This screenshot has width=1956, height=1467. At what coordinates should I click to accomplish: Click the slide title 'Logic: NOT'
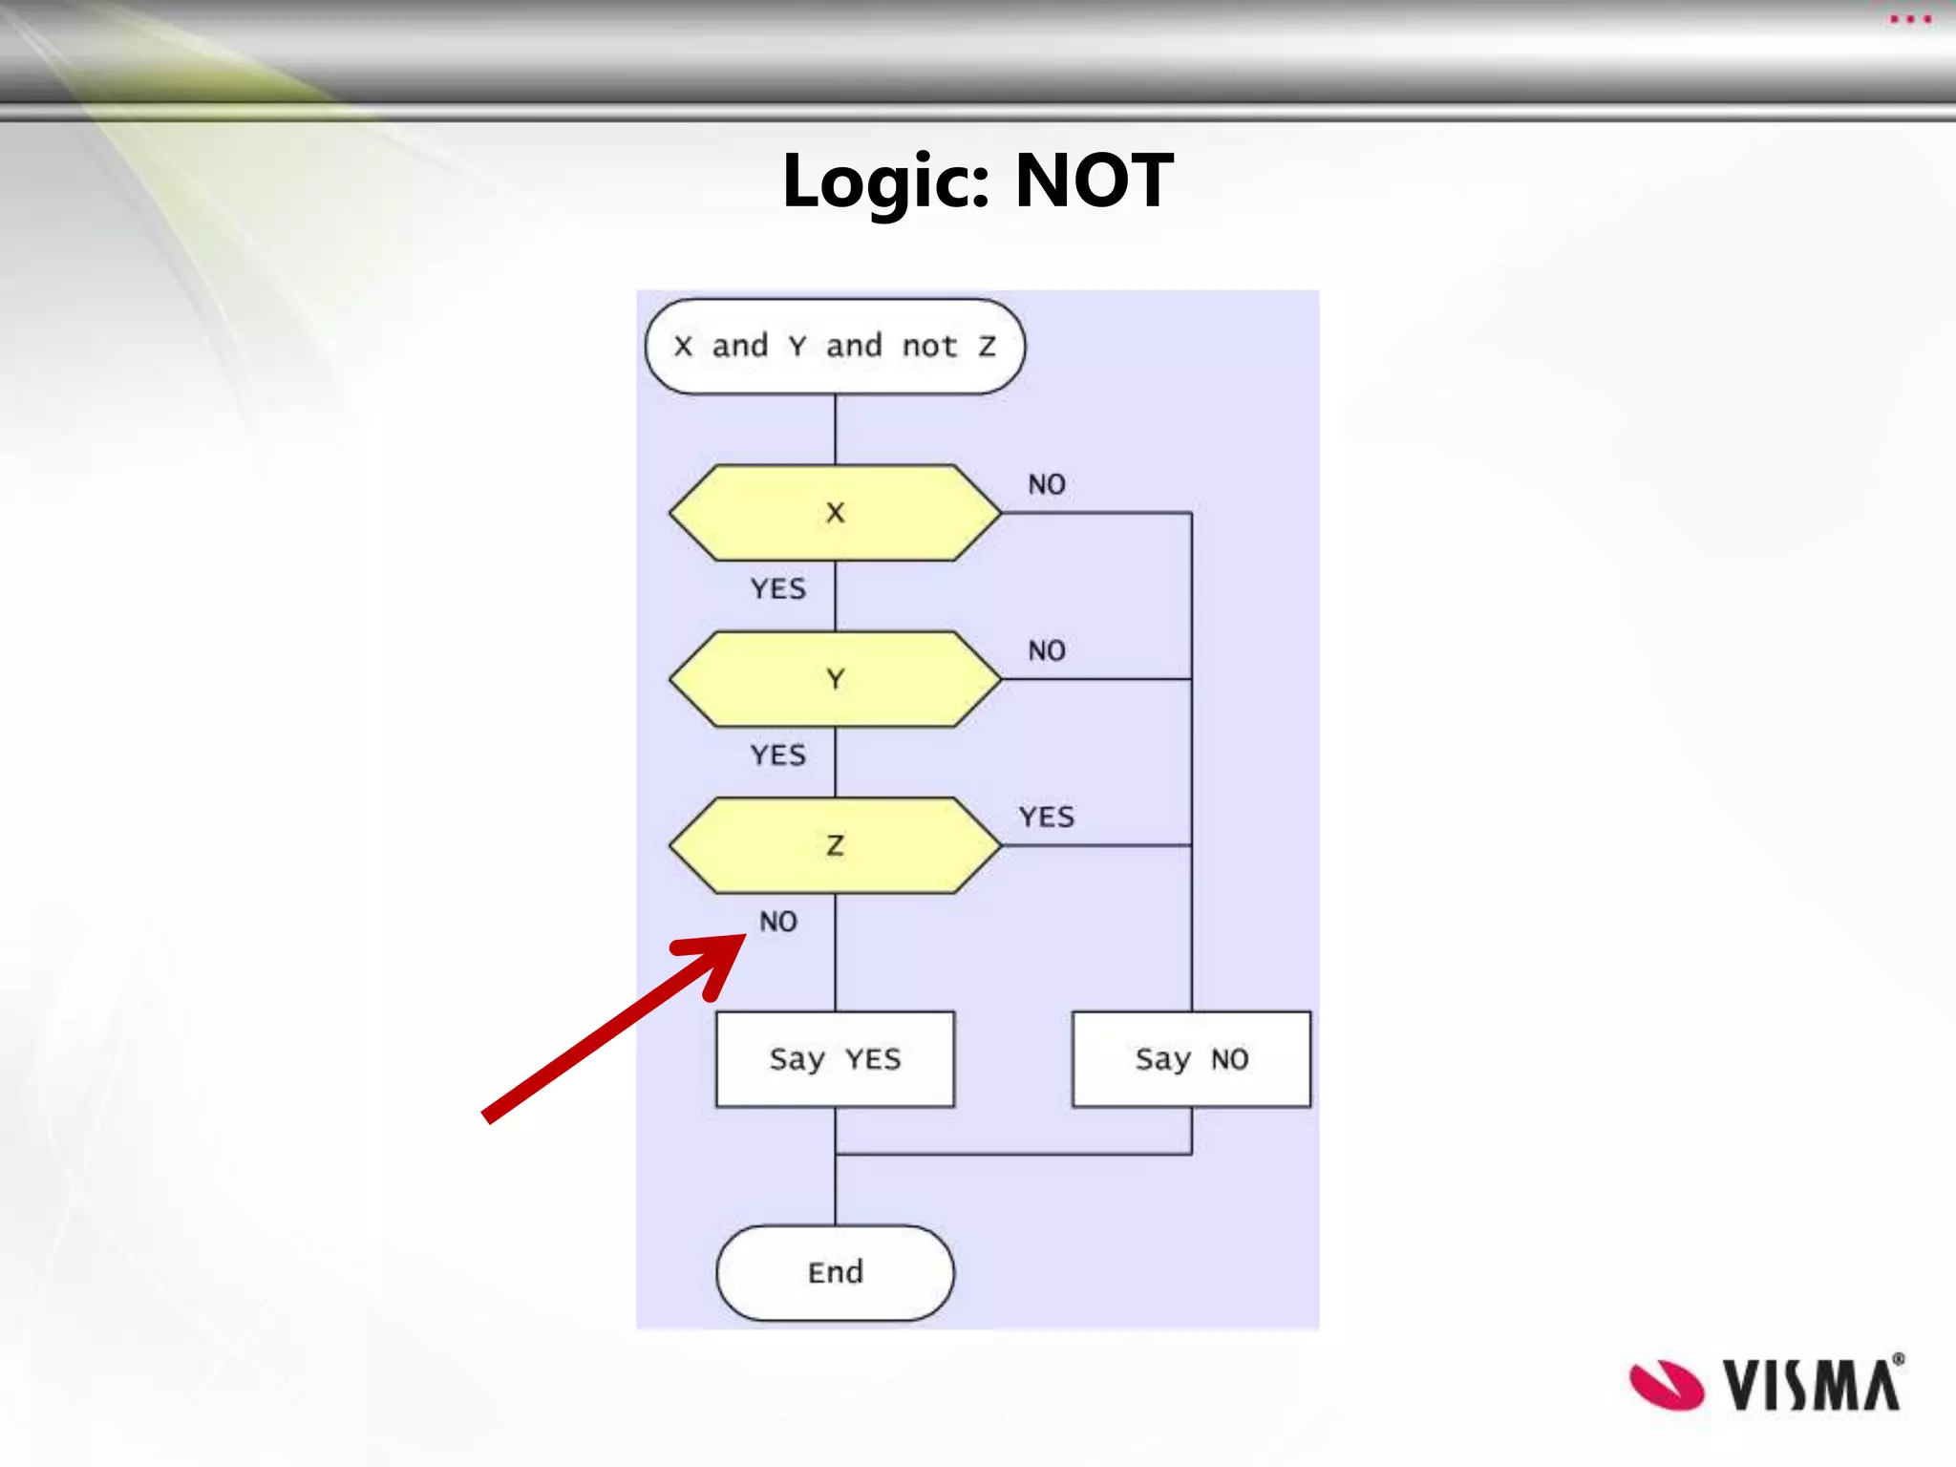click(x=977, y=181)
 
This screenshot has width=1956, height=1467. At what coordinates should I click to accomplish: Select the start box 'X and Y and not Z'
click(x=835, y=347)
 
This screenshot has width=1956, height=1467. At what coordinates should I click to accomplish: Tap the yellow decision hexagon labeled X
click(x=835, y=513)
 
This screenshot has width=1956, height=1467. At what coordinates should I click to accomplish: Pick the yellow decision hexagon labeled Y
click(x=835, y=679)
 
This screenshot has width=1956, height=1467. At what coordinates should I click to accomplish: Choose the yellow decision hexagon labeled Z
click(x=835, y=845)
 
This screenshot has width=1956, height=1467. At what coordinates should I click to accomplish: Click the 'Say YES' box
click(x=835, y=1059)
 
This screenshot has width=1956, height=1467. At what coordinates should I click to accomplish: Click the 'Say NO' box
click(x=1191, y=1059)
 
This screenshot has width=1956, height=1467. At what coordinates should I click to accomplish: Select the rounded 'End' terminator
click(x=835, y=1273)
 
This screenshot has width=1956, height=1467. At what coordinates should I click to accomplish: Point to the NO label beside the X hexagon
click(x=1047, y=484)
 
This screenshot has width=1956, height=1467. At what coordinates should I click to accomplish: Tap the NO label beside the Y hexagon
click(x=1047, y=650)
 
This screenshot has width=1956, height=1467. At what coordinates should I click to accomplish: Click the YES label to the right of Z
click(x=1047, y=818)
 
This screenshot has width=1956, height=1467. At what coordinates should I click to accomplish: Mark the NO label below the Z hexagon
click(x=778, y=922)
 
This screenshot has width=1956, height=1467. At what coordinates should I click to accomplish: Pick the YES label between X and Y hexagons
click(x=778, y=588)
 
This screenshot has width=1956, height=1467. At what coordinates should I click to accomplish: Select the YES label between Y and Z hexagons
click(x=778, y=755)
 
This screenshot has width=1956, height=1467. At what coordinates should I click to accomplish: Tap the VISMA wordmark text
click(x=1812, y=1385)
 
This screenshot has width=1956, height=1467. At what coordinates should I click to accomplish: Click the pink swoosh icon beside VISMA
click(x=1667, y=1385)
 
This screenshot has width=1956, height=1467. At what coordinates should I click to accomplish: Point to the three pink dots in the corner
click(x=1910, y=19)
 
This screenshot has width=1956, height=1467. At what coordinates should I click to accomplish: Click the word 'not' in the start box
click(x=929, y=347)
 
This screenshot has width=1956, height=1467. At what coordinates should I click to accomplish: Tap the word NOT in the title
click(x=1094, y=181)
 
